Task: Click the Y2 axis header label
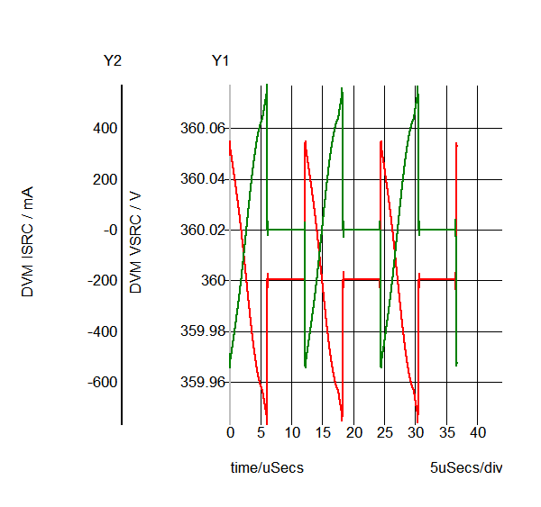coord(113,61)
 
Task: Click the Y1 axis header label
coord(220,61)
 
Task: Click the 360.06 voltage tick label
coord(202,128)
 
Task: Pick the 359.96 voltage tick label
coord(202,382)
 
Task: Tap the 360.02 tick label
coord(202,230)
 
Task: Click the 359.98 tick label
coord(202,331)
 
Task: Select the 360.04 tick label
coord(202,179)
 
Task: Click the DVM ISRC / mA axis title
coord(28,242)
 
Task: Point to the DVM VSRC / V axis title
coord(136,242)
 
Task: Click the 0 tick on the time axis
coord(230,433)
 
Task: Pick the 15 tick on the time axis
coord(323,433)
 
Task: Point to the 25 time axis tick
coord(385,433)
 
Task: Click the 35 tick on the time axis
coord(447,433)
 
